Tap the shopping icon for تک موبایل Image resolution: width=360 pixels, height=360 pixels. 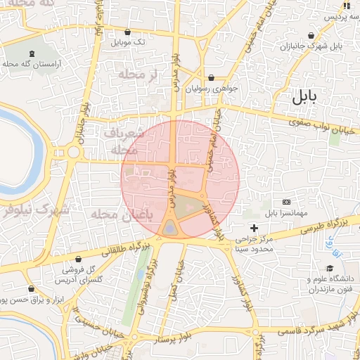coord(127,32)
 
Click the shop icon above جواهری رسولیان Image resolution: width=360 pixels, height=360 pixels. coord(212,77)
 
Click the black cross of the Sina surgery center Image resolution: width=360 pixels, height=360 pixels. coord(254,229)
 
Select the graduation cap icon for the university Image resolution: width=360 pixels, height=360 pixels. coord(329,268)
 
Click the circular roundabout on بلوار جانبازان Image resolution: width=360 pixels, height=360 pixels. coord(73,151)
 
